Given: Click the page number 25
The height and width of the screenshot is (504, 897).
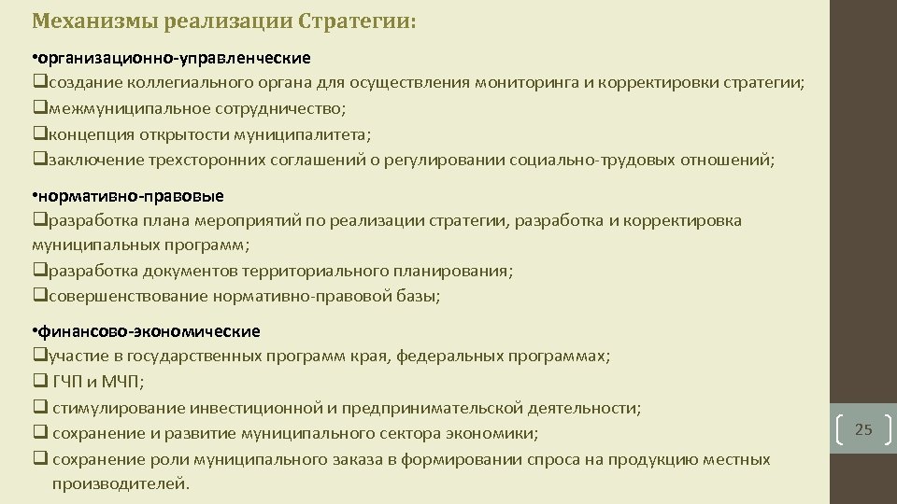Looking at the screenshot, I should [x=863, y=430].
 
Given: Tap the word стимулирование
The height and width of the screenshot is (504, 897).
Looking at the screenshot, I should [x=118, y=408].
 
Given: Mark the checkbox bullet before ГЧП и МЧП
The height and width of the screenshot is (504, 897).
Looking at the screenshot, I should [x=38, y=382].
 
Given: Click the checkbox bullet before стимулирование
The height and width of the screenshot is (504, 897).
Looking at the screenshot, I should [x=38, y=408].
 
